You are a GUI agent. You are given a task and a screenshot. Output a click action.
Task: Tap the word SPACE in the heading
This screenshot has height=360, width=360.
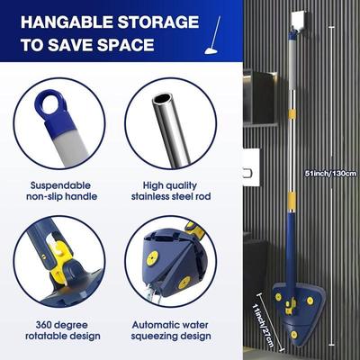coord(138,44)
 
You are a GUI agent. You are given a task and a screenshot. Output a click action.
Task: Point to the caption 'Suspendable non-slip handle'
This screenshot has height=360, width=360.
coord(60,193)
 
